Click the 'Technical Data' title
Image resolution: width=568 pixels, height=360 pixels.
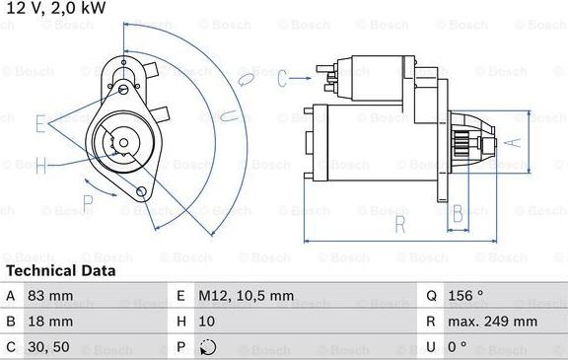point(60,270)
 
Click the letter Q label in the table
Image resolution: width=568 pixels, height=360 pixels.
point(432,295)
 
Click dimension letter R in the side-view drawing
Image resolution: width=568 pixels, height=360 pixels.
point(400,224)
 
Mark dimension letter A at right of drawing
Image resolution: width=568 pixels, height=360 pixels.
point(511,140)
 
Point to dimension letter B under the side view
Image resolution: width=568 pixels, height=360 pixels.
point(458,212)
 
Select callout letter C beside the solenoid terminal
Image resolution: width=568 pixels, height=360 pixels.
point(281,78)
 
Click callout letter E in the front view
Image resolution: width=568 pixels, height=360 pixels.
point(40,124)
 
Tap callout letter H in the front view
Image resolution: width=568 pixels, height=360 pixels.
point(40,165)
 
